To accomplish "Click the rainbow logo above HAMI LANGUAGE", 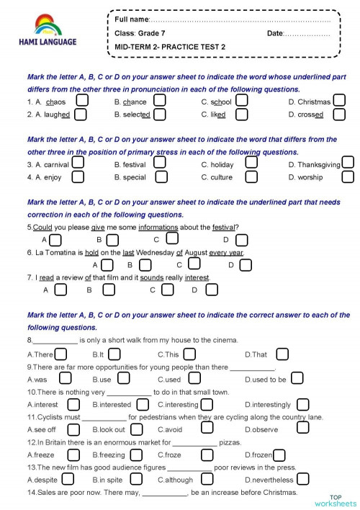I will (48, 27).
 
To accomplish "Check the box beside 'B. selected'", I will (159, 114).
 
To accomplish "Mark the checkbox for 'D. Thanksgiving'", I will (348, 164).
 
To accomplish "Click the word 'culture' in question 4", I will (221, 177).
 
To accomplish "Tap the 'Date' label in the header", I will (275, 34).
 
